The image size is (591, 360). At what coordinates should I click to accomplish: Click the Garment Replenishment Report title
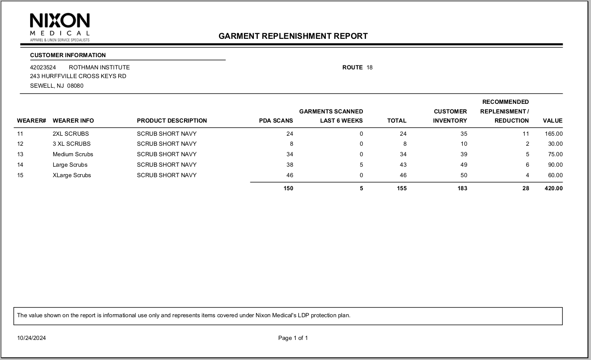pyautogui.click(x=293, y=36)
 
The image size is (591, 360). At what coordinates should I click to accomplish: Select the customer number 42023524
pyautogui.click(x=43, y=68)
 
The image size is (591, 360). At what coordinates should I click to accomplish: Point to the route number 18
pyautogui.click(x=369, y=68)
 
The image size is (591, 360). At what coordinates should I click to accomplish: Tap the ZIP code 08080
pyautogui.click(x=75, y=86)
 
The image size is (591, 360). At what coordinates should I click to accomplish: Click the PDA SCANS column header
pyautogui.click(x=276, y=121)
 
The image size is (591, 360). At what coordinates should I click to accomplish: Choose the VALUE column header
pyautogui.click(x=553, y=121)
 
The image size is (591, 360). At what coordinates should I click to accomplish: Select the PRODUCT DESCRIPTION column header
pyautogui.click(x=172, y=121)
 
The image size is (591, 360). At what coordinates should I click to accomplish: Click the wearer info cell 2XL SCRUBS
pyautogui.click(x=71, y=134)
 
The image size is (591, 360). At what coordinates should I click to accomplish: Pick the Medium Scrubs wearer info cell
pyautogui.click(x=73, y=154)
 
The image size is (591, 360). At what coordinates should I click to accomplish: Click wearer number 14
pyautogui.click(x=20, y=165)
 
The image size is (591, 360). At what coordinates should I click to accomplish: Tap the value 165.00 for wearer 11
pyautogui.click(x=553, y=134)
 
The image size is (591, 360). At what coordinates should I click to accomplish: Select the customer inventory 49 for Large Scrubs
pyautogui.click(x=463, y=165)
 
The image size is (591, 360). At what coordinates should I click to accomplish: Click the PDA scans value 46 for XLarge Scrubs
pyautogui.click(x=289, y=175)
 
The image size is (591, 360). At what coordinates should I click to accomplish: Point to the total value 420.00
pyautogui.click(x=553, y=189)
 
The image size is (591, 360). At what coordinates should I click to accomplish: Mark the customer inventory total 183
pyautogui.click(x=462, y=189)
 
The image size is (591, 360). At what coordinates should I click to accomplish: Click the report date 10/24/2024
pyautogui.click(x=31, y=338)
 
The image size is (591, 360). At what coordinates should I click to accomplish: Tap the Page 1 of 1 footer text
pyautogui.click(x=293, y=338)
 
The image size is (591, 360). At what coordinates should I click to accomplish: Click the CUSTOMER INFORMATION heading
pyautogui.click(x=68, y=55)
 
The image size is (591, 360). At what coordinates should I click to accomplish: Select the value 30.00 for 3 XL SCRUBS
pyautogui.click(x=555, y=144)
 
